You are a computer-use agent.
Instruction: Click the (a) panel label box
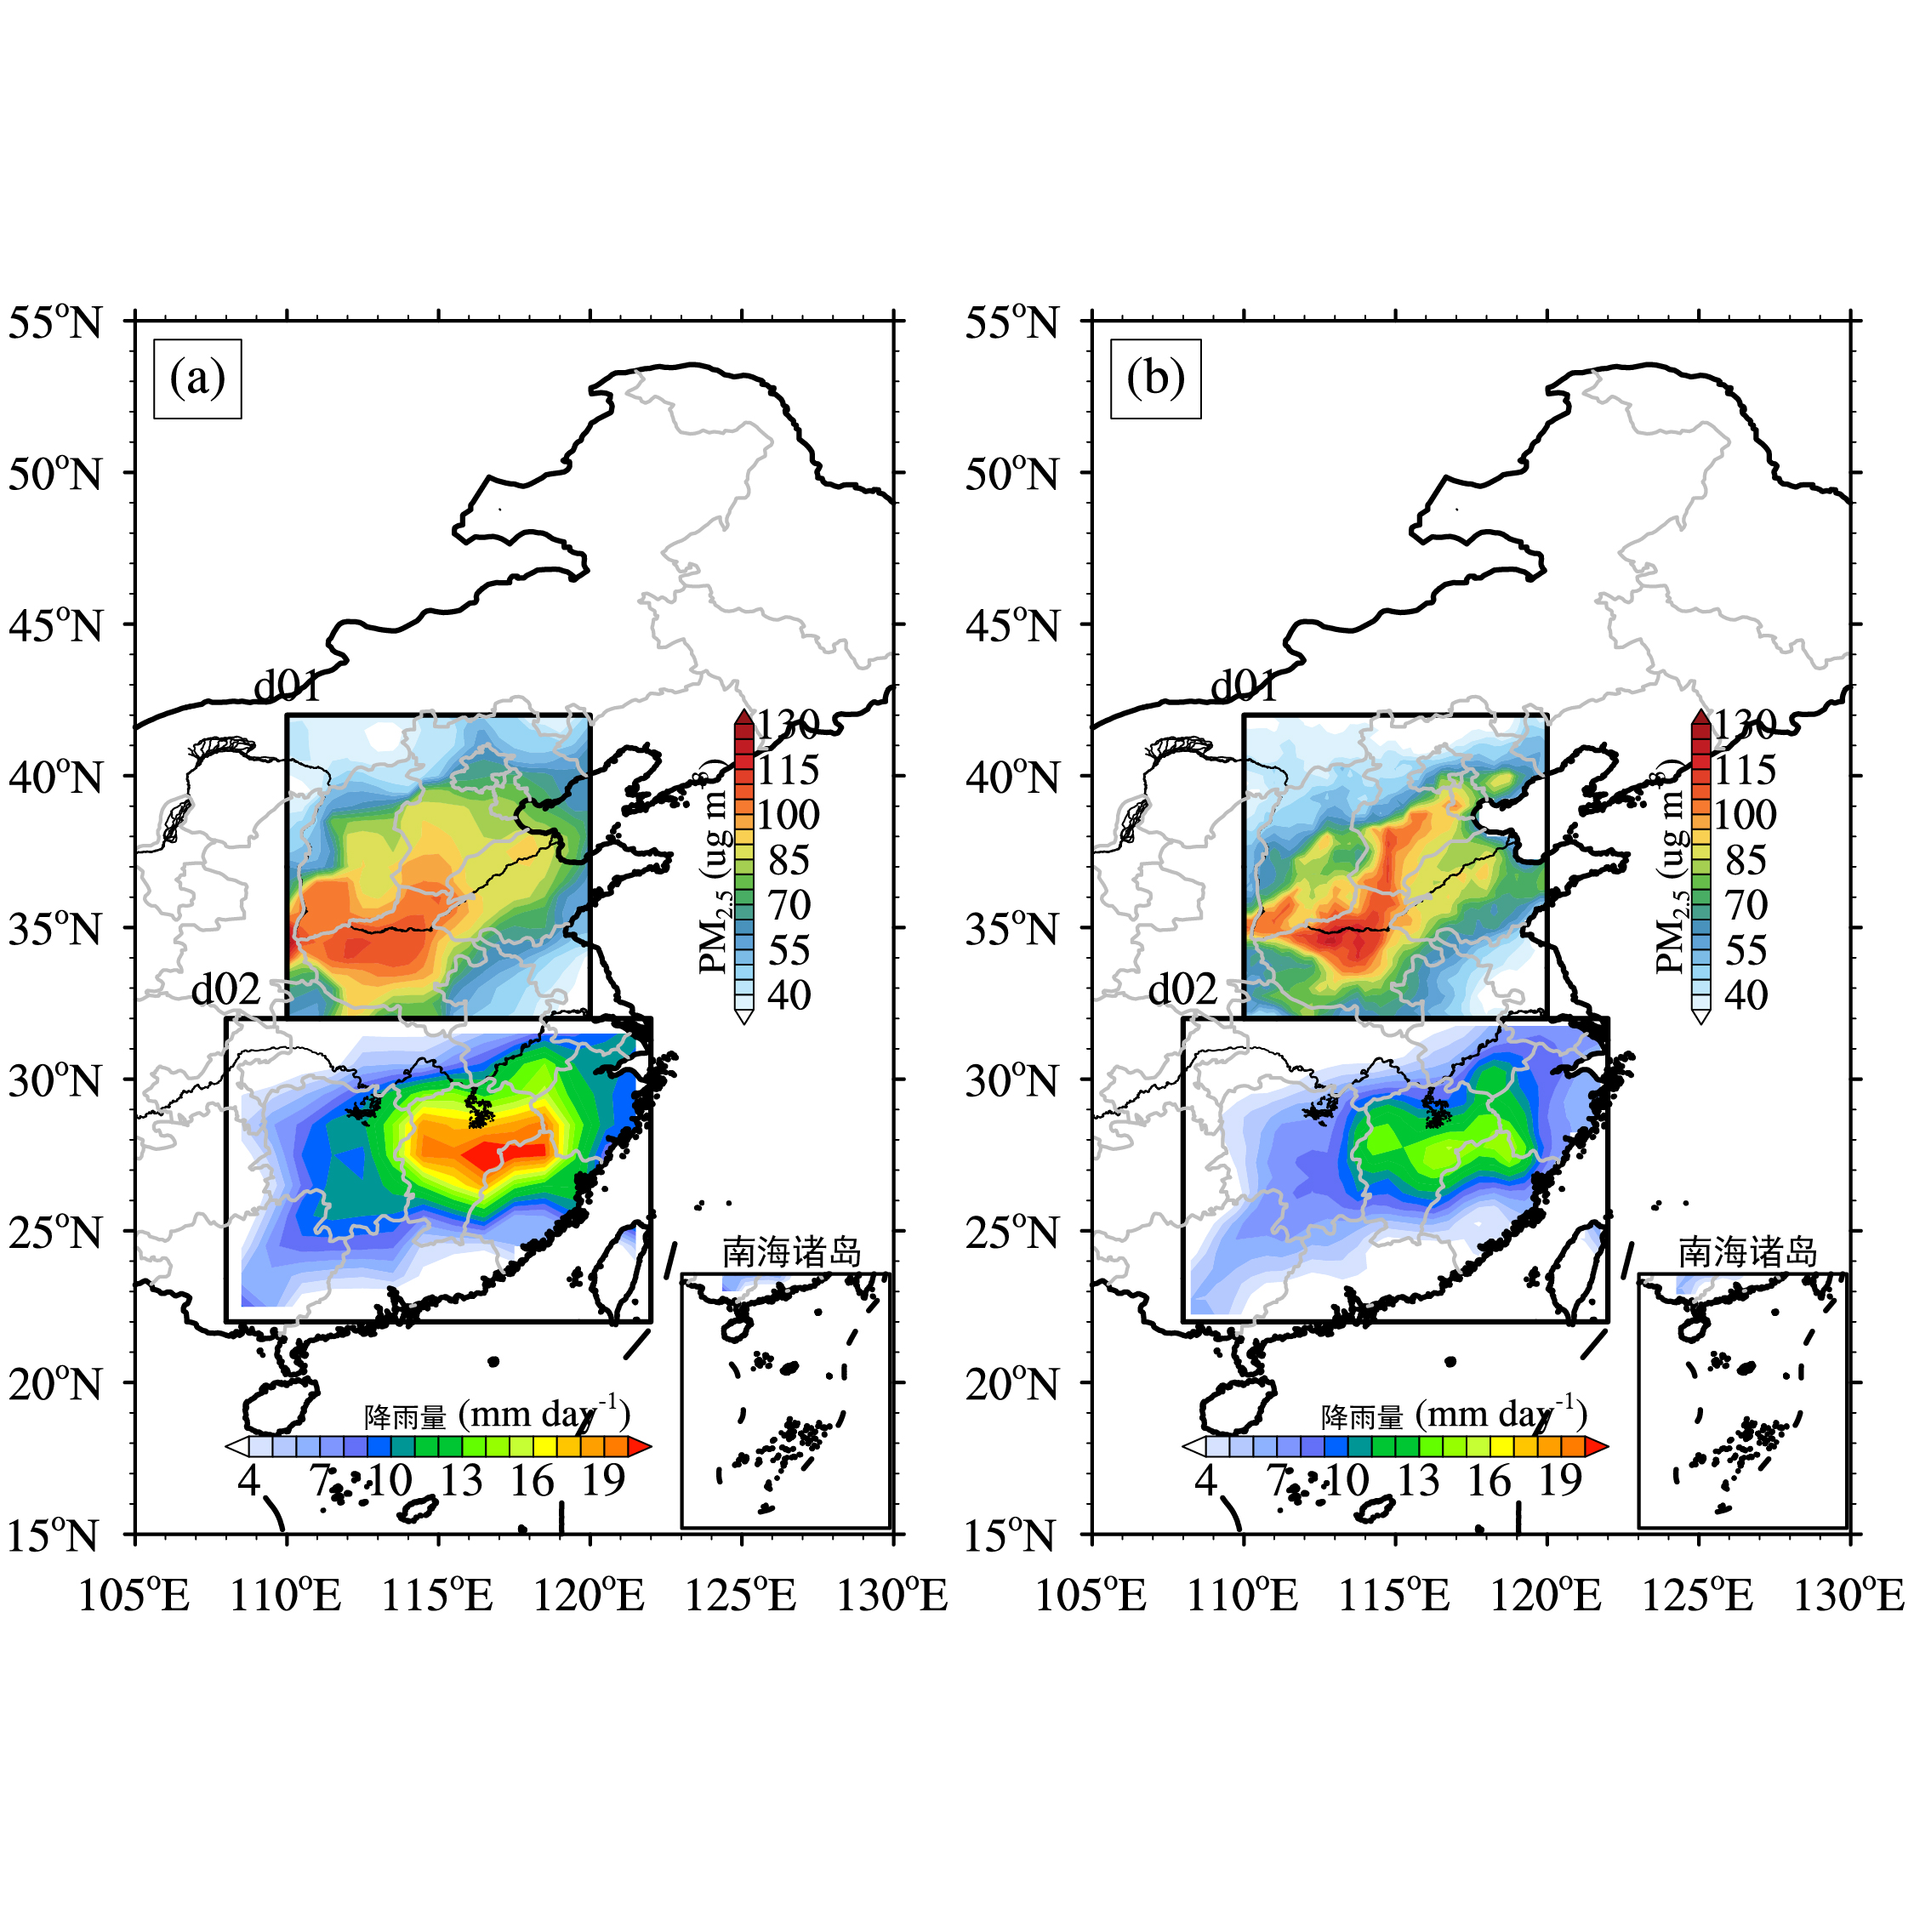click(197, 379)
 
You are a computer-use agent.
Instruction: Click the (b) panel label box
click(1154, 379)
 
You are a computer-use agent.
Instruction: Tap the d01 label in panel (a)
click(288, 686)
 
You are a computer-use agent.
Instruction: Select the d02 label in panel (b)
click(1182, 988)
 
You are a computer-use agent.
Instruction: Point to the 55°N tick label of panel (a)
click(55, 323)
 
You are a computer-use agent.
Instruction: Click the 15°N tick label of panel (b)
click(1012, 1536)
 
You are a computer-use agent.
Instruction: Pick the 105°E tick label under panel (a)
click(134, 1596)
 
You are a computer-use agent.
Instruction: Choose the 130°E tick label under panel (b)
click(1848, 1596)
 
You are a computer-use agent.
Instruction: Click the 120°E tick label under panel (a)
click(590, 1596)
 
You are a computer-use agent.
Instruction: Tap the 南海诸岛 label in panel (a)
click(790, 1252)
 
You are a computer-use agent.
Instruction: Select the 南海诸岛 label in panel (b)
click(1747, 1252)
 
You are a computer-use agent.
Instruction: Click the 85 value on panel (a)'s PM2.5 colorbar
click(789, 860)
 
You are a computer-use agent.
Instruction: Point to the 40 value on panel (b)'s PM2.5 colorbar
click(1746, 994)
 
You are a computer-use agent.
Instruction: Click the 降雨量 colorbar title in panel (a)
click(405, 1416)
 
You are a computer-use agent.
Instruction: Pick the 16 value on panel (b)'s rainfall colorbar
click(1489, 1481)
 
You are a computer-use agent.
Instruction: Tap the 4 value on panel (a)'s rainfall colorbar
click(248, 1481)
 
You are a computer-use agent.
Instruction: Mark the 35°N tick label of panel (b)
click(1012, 929)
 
